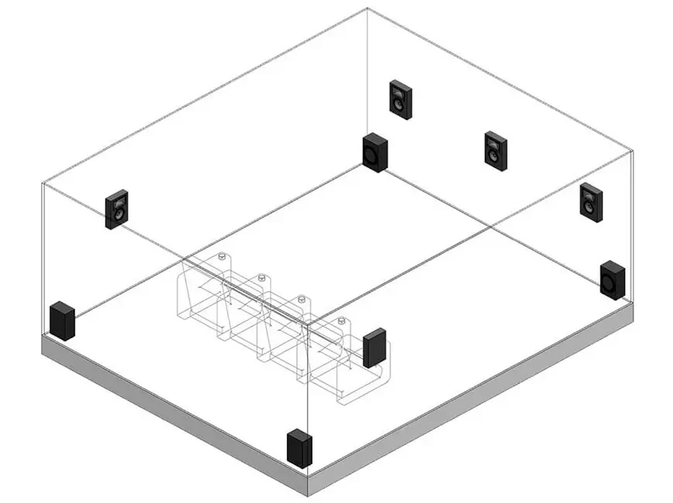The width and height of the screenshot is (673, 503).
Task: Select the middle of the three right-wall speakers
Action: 496,151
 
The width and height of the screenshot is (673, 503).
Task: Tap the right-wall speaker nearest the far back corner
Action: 401,99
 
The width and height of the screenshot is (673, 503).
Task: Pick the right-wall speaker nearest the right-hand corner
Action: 592,201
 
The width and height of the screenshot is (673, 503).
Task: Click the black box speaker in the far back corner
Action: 375,152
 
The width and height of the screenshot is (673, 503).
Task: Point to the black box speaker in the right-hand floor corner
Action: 612,279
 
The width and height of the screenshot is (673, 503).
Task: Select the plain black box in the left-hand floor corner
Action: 62,321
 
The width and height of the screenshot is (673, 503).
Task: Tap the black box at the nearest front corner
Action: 299,449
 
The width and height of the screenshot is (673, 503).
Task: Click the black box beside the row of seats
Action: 374,347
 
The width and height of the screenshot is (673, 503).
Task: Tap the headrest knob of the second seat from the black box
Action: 302,298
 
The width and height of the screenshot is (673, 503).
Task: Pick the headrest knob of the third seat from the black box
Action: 261,276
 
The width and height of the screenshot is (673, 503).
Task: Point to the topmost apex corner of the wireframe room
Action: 367,9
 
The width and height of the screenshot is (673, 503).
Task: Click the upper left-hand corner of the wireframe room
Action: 43,183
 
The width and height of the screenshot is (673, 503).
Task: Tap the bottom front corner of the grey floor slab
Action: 309,494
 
